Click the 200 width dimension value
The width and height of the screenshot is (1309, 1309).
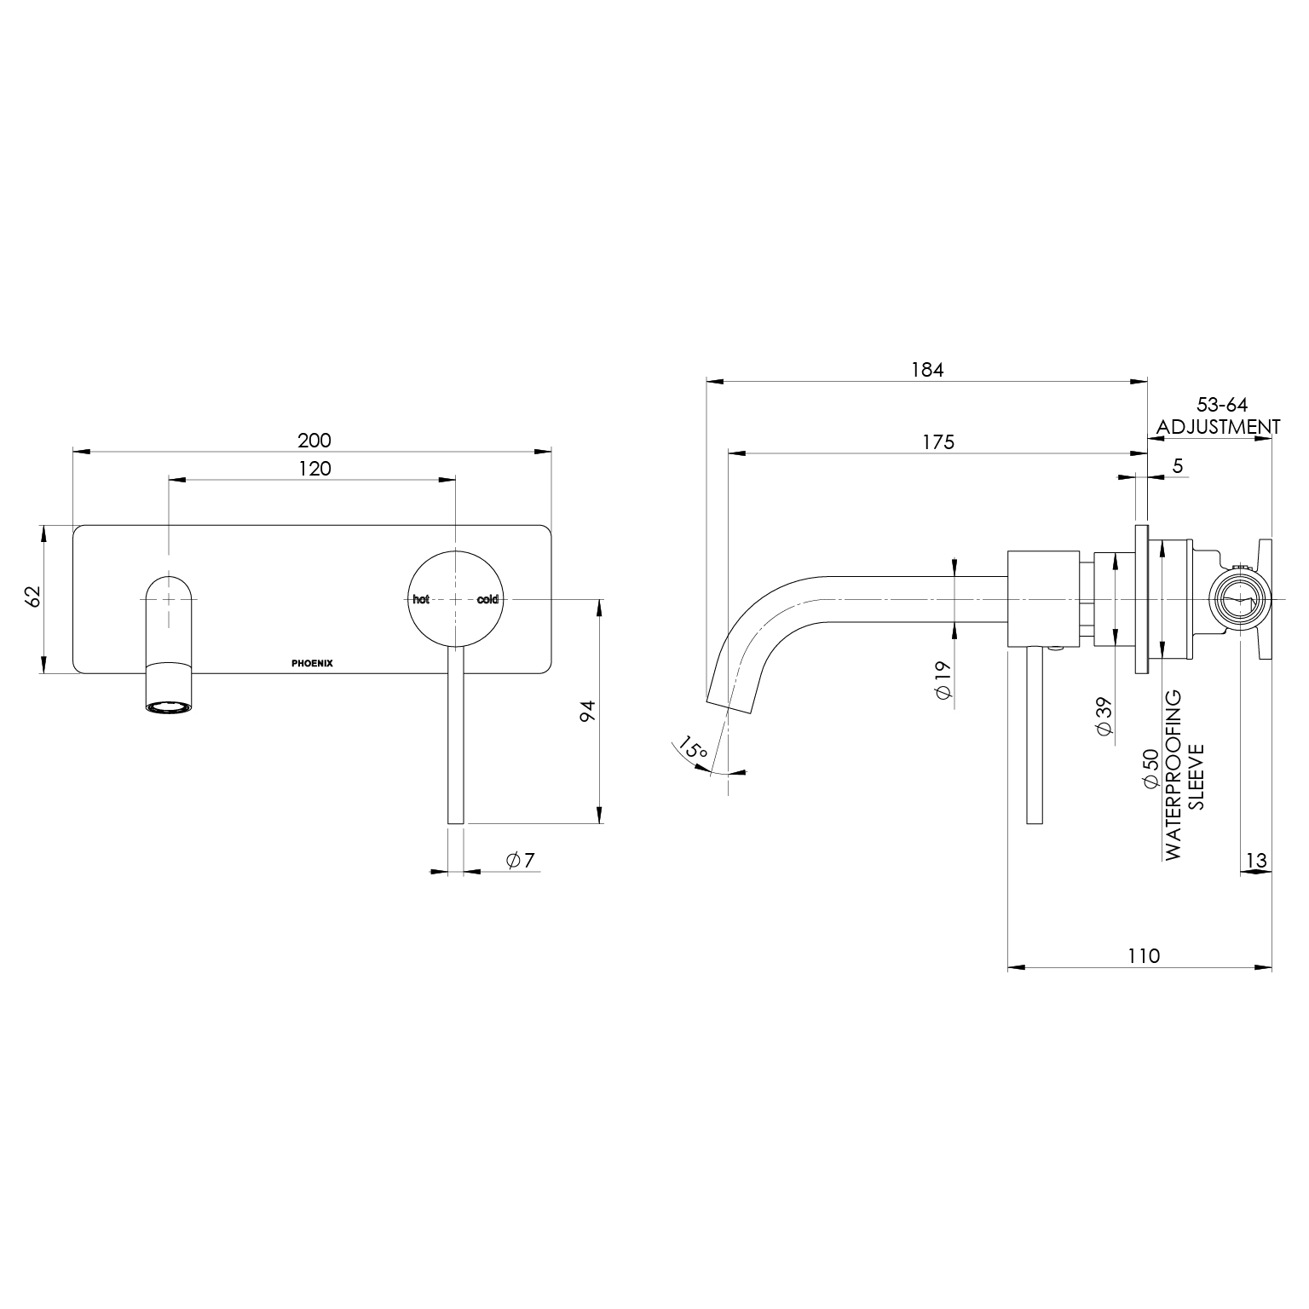coord(314,441)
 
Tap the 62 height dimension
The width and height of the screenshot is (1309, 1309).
coord(33,596)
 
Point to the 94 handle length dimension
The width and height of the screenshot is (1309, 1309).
coord(587,712)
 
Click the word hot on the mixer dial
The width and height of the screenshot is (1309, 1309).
coord(421,599)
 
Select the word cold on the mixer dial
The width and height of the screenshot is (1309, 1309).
coord(487,599)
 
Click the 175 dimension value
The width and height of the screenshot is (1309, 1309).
coord(938,441)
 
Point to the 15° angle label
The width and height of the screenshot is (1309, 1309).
coord(693,751)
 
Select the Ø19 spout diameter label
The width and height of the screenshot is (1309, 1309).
coord(943,680)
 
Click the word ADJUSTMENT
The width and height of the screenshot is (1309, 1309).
coord(1218,426)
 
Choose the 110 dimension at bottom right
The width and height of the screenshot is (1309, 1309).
coord(1144,955)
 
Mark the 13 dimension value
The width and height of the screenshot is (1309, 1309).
coord(1256,861)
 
